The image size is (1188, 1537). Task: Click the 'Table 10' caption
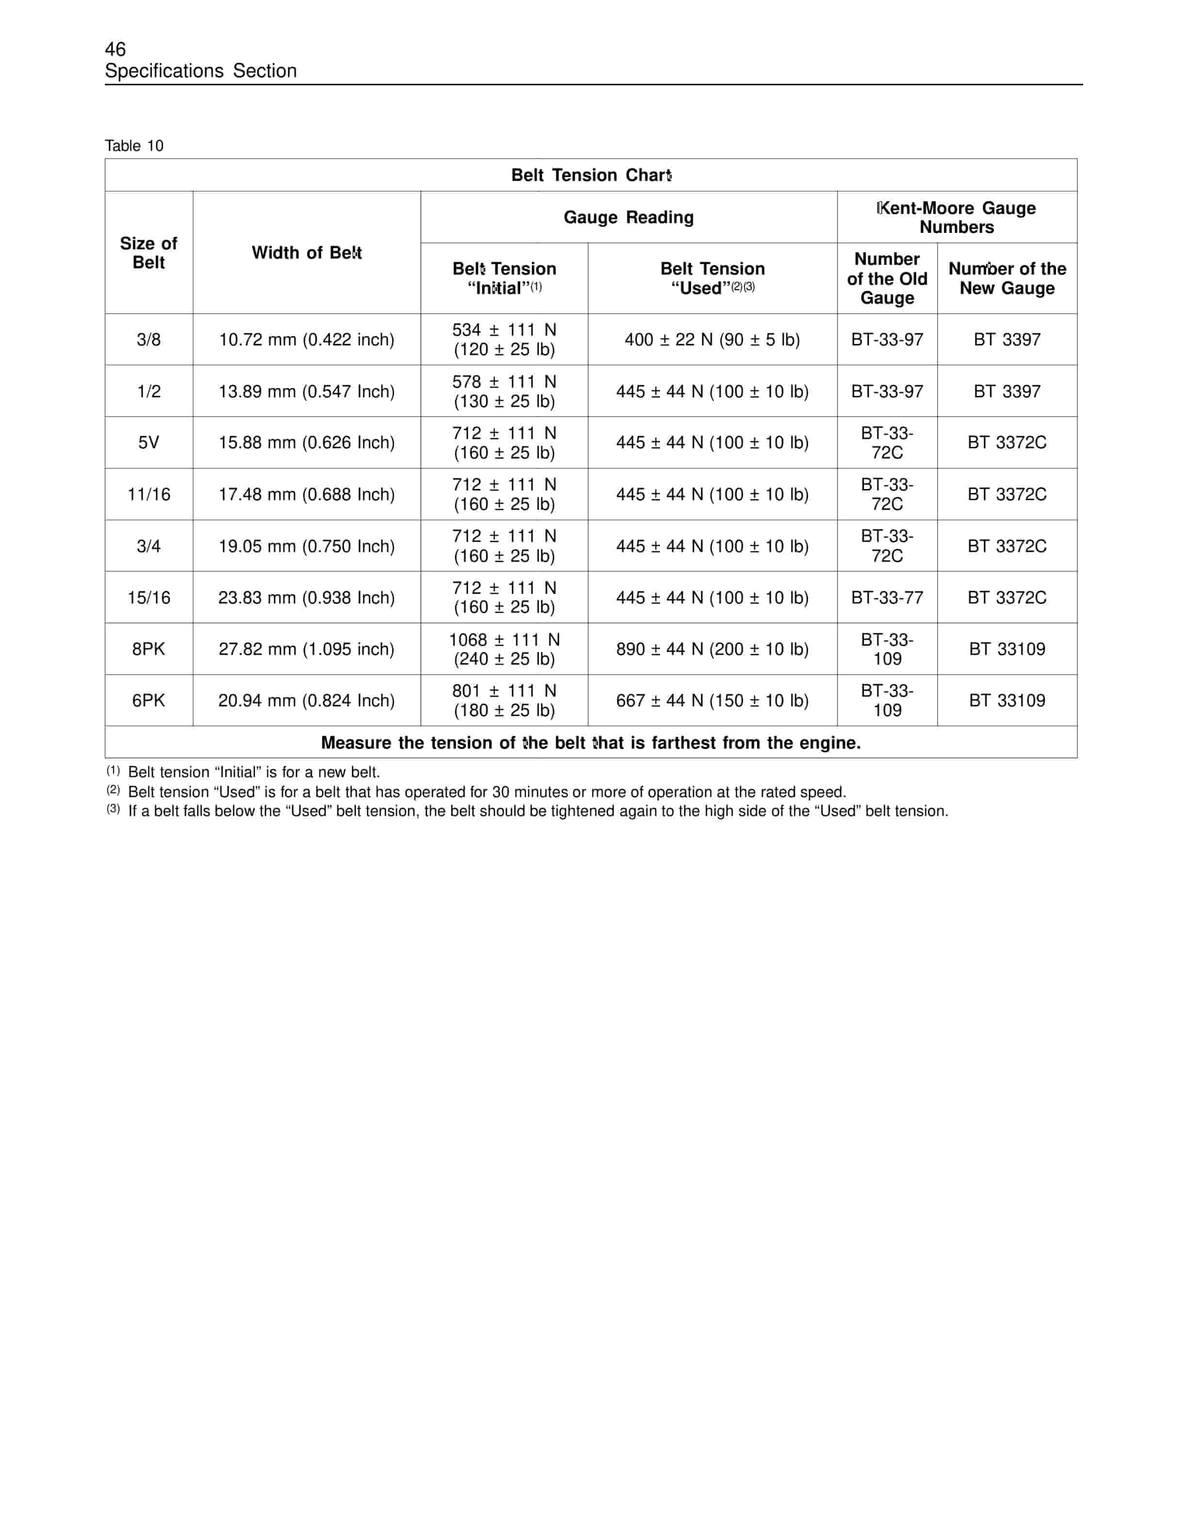134,146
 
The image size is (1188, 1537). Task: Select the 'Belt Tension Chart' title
591,175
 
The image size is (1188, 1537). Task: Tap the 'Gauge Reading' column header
628,217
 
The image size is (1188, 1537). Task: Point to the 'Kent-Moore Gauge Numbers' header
957,217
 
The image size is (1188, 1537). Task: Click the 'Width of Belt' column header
306,253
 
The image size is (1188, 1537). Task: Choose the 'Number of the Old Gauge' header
887,278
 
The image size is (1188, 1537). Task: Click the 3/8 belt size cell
148,340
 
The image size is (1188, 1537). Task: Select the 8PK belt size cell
148,649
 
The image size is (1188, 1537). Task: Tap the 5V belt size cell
148,442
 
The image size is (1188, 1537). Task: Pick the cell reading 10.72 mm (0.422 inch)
306,340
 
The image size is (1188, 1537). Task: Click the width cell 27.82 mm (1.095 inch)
306,649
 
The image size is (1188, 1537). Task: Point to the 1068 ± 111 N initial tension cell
504,649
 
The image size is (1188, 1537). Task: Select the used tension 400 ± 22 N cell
712,340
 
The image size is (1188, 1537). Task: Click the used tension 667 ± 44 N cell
712,700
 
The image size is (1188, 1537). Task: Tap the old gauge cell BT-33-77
887,598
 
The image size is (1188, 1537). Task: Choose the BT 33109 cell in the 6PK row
1006,700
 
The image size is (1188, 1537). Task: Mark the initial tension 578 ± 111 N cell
504,392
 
